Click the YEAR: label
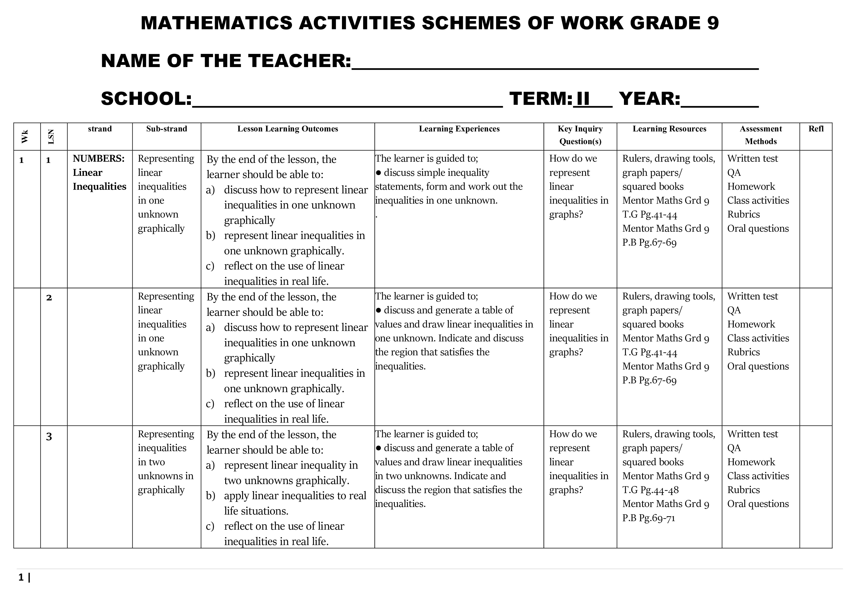650,99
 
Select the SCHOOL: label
146,99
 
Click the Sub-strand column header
166,129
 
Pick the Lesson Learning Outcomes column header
288,129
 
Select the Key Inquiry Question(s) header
580,135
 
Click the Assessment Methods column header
760,135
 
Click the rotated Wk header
25,136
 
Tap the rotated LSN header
51,136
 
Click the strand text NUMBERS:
99,159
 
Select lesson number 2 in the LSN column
49,298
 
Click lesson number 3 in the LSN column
49,436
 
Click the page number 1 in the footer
21,577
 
